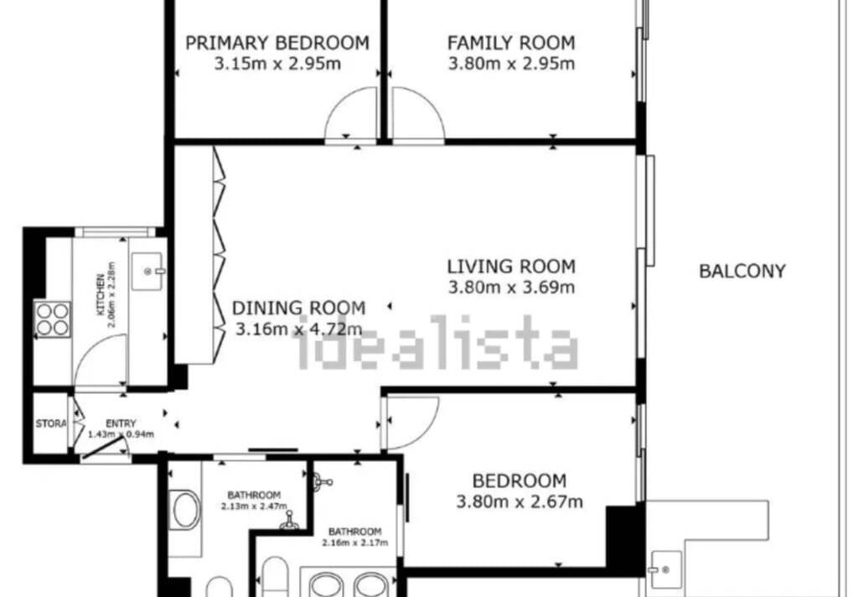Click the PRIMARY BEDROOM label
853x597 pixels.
coord(277,43)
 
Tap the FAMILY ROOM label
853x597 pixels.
coord(511,43)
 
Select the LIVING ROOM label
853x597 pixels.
coord(511,266)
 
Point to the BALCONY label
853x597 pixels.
coord(742,271)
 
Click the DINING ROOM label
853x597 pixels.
coord(298,308)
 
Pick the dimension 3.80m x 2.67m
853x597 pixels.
coord(520,501)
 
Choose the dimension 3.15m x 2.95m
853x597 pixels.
coord(277,64)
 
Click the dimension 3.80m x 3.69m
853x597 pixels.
coord(511,287)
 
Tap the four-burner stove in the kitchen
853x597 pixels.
coord(52,319)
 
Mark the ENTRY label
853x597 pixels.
coord(121,423)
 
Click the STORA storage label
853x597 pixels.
coord(51,423)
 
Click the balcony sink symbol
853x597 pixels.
coord(666,570)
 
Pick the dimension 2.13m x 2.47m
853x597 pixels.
coord(254,506)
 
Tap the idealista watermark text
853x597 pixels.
coord(435,342)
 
